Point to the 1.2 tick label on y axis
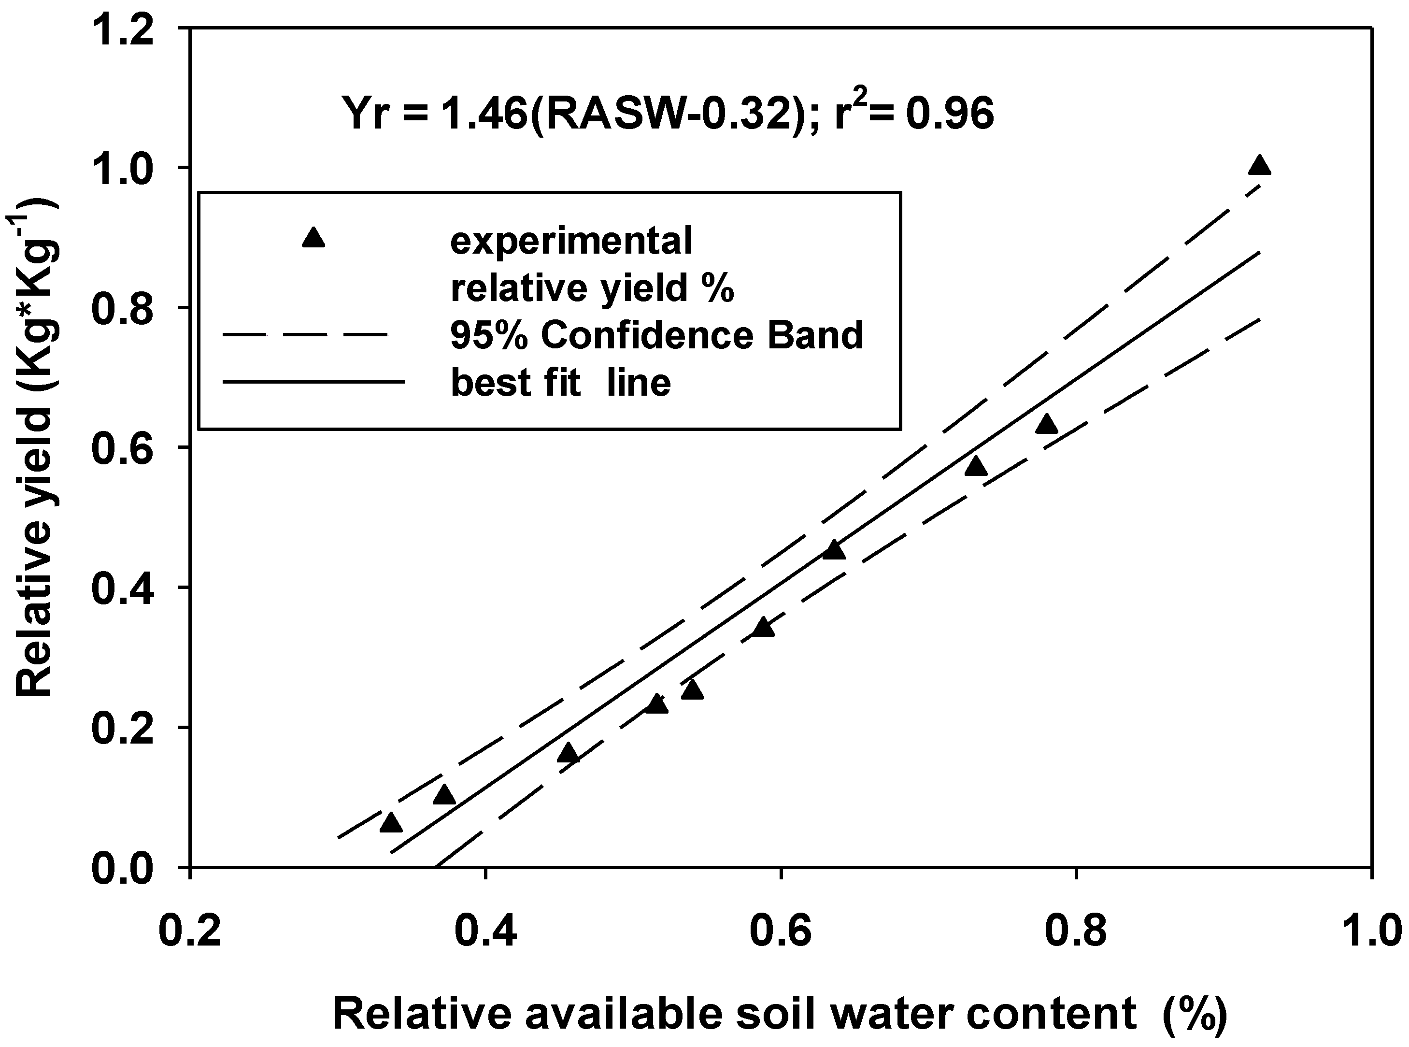[124, 30]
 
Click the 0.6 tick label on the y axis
[124, 448]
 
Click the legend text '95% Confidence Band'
[656, 335]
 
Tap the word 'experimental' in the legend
[571, 242]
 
